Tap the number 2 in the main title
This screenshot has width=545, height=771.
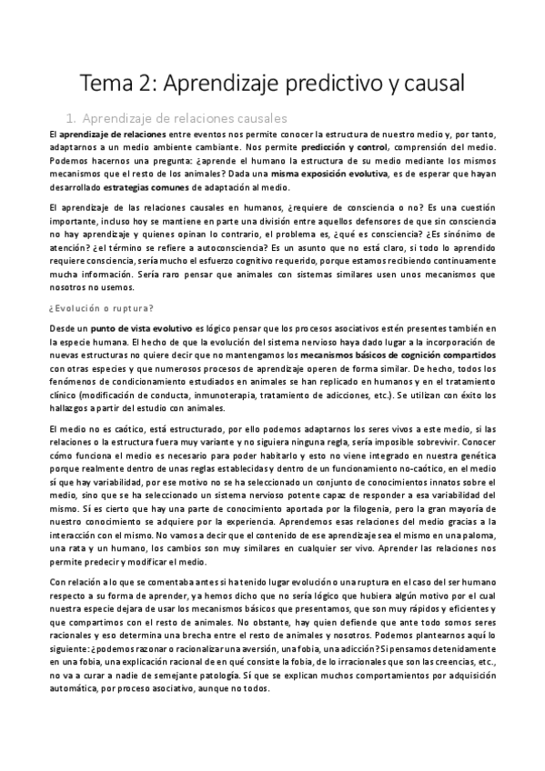pos(159,83)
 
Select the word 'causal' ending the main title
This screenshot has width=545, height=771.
pos(429,83)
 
